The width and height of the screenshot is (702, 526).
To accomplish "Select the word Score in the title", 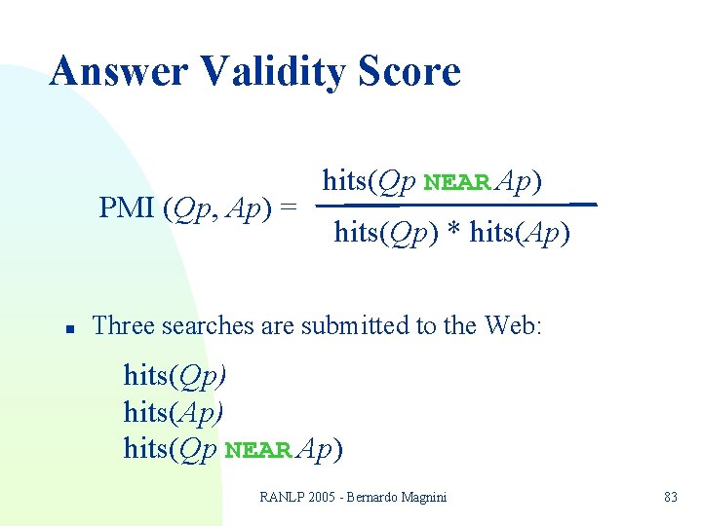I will point(410,72).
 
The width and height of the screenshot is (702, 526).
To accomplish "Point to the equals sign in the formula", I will point(288,207).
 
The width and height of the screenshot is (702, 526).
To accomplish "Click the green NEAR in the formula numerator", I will point(458,183).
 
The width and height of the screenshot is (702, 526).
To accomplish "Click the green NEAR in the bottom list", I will point(258,451).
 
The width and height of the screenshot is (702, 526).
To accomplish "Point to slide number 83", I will point(670,497).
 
